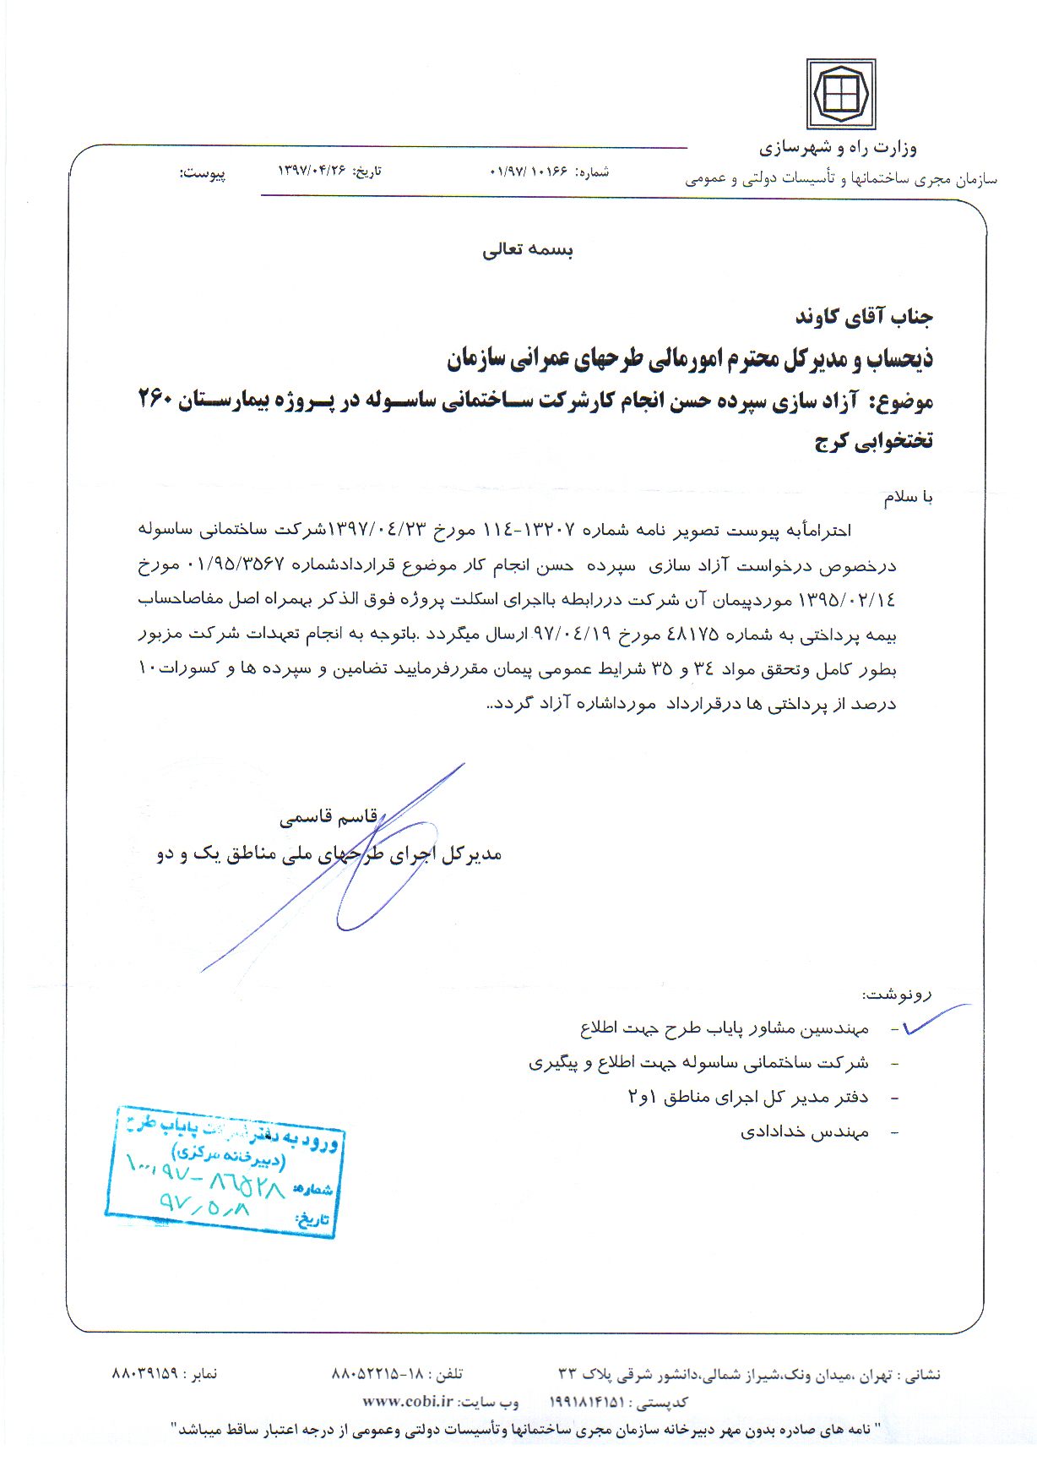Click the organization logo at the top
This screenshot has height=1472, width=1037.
tap(840, 94)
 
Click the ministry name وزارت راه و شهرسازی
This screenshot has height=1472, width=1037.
tap(837, 148)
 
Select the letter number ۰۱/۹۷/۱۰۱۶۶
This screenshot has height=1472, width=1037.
tap(529, 172)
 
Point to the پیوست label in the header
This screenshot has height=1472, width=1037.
tap(203, 173)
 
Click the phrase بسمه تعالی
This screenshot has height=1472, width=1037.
tap(528, 249)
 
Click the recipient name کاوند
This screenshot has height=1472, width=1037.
tap(817, 317)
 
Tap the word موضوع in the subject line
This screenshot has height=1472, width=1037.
tap(906, 401)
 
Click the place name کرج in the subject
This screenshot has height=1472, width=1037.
tap(831, 441)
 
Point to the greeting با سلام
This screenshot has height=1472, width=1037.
tap(909, 497)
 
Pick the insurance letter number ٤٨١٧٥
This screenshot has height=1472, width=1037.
tap(692, 634)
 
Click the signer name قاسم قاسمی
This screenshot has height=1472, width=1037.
tap(328, 818)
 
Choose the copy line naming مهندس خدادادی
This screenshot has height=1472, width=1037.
tap(805, 1132)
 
